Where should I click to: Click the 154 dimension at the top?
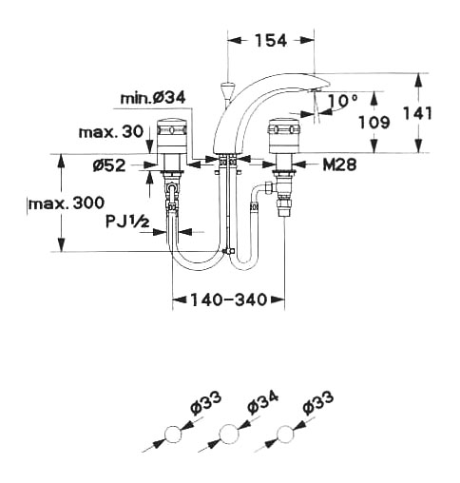click(271, 41)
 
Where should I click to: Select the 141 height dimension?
click(418, 113)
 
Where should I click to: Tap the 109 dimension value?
click(374, 122)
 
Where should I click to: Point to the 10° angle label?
click(343, 100)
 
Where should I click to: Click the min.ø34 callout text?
click(153, 98)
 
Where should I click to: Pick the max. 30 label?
click(111, 132)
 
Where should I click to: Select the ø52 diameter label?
click(109, 165)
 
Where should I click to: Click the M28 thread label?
click(339, 164)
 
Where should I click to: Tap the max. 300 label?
click(67, 203)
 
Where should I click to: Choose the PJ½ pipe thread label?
click(127, 221)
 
